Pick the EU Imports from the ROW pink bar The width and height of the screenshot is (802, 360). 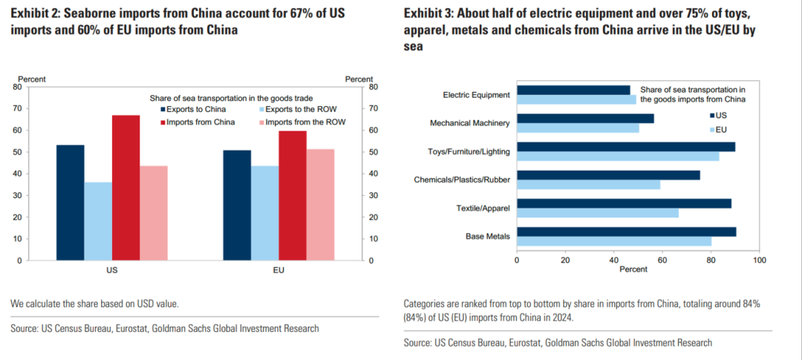click(x=320, y=205)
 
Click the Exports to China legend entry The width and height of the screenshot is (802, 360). click(x=185, y=109)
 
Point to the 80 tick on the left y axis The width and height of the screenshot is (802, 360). click(x=16, y=87)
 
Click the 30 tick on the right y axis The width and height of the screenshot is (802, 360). click(x=374, y=196)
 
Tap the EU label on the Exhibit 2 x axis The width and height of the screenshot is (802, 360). click(x=279, y=270)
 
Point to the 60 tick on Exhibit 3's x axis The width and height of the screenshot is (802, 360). click(x=662, y=261)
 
